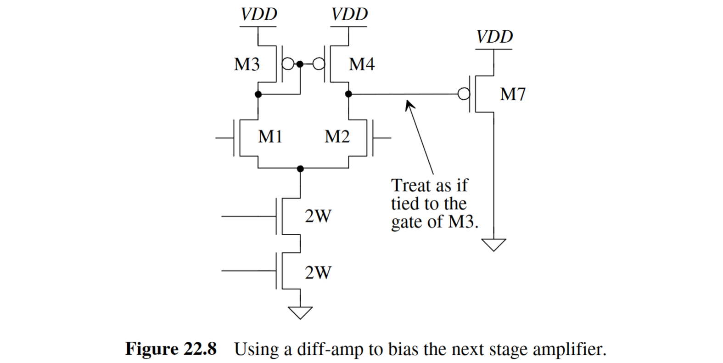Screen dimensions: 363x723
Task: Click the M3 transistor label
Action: pyautogui.click(x=247, y=64)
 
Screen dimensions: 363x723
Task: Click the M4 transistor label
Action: pyautogui.click(x=361, y=64)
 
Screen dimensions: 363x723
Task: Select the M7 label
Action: pyautogui.click(x=512, y=94)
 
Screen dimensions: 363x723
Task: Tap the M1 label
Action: pyautogui.click(x=270, y=136)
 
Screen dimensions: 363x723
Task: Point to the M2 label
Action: pyautogui.click(x=337, y=136)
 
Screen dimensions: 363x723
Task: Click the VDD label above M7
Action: pyautogui.click(x=494, y=37)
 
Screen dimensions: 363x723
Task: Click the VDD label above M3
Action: pyautogui.click(x=258, y=14)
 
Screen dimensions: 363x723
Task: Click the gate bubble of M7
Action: pyautogui.click(x=464, y=94)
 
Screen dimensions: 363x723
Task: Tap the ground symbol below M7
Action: pyautogui.click(x=493, y=244)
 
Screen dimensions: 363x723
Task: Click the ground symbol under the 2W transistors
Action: pyautogui.click(x=300, y=312)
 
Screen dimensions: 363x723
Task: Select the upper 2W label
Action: pyautogui.click(x=318, y=216)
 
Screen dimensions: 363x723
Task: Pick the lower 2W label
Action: pyautogui.click(x=318, y=272)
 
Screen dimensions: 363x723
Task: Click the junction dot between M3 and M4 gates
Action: pyautogui.click(x=300, y=64)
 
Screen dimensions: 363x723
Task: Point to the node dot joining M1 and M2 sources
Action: pyautogui.click(x=300, y=169)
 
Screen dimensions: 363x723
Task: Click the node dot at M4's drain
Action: pyautogui.click(x=348, y=94)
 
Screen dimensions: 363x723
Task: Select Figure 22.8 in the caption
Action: pyautogui.click(x=171, y=349)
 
